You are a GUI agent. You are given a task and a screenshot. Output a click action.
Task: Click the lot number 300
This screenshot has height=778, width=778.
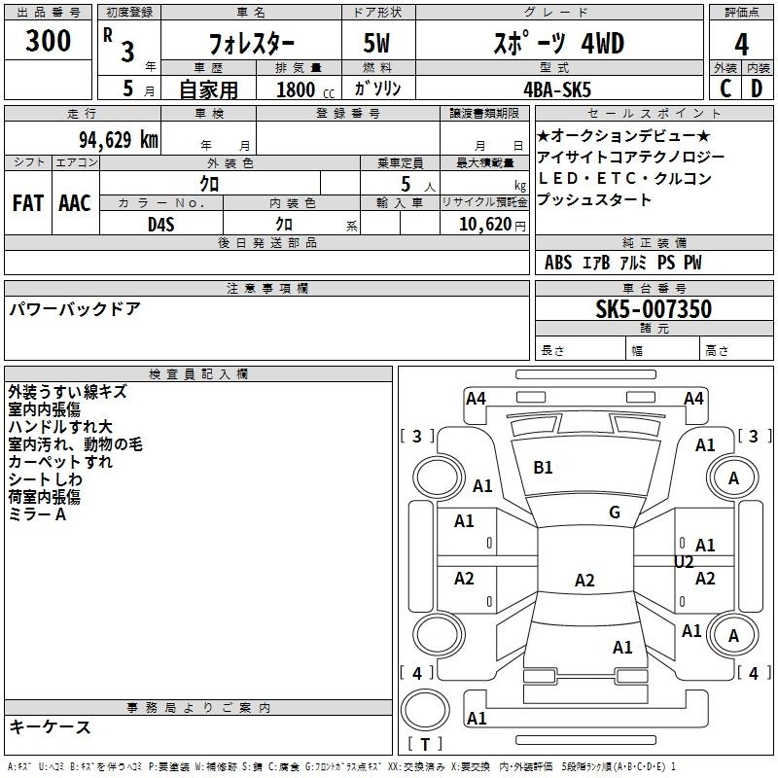click(48, 40)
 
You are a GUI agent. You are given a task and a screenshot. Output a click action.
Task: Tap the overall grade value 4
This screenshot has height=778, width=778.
click(741, 45)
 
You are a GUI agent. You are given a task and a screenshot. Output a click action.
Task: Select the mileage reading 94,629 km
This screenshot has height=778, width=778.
click(119, 140)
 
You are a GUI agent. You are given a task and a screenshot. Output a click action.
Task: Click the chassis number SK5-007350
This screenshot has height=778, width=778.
click(654, 308)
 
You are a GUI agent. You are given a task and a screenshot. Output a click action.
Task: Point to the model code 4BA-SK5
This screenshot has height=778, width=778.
click(557, 89)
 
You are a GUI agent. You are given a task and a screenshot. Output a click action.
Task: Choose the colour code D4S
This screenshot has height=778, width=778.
click(161, 225)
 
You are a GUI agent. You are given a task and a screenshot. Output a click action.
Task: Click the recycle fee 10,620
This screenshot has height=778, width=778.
click(485, 225)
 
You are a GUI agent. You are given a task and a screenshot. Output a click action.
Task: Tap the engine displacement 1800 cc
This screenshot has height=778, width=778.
click(305, 89)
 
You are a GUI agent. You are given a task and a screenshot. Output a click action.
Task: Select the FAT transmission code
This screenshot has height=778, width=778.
click(28, 203)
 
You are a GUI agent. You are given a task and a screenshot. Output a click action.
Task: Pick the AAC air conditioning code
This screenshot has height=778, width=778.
click(75, 203)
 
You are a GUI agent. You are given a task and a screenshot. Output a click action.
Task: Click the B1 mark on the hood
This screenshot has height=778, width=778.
click(543, 468)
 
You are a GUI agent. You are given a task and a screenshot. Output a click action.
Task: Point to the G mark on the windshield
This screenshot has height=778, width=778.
click(615, 513)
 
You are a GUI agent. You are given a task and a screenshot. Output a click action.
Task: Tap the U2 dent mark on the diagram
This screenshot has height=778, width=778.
click(684, 562)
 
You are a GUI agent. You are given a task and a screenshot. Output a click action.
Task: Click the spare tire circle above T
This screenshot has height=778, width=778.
click(425, 710)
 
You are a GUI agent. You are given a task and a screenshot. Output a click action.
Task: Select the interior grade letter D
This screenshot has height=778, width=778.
click(757, 88)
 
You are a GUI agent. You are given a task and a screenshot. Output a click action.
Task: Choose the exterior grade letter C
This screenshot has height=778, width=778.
click(725, 88)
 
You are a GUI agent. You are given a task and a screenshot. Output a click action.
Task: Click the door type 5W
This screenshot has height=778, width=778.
click(376, 43)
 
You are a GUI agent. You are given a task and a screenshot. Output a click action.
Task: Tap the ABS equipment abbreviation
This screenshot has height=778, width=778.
click(558, 263)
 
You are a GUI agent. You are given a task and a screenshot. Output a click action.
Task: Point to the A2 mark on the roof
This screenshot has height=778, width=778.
click(584, 580)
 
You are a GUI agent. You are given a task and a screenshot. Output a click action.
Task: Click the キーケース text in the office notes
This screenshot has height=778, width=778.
click(51, 726)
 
